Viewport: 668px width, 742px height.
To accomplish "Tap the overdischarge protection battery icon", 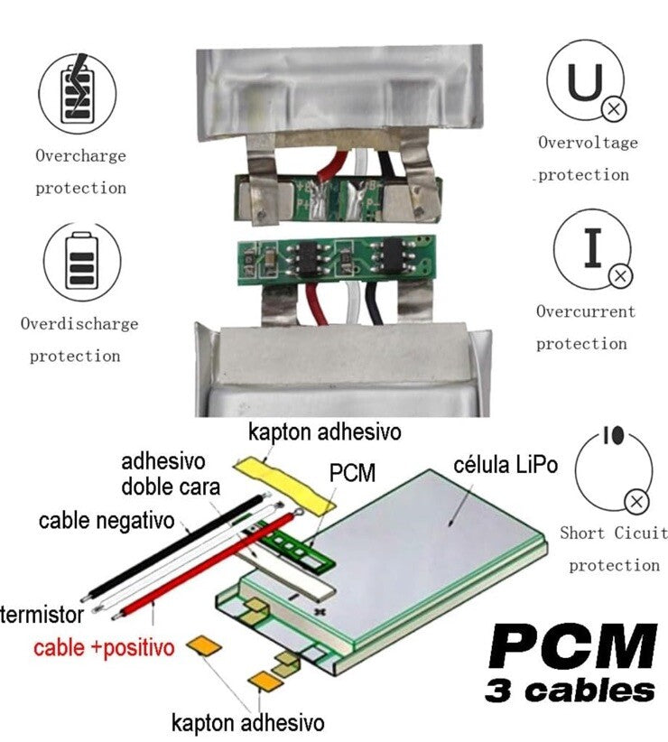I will pos(80,262).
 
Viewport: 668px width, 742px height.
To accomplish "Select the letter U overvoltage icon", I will pos(586,83).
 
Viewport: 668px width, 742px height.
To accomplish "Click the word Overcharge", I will pos(80,155).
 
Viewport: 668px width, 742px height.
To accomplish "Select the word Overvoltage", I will pos(588,143).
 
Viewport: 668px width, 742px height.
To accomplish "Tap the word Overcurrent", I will pos(586,311).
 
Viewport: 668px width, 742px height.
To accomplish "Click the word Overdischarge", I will pos(79,323).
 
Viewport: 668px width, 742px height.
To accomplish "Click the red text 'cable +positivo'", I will pos(103,647).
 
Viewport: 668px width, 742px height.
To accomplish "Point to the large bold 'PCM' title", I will pos(571,646).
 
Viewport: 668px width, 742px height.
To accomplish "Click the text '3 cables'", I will pos(571,691).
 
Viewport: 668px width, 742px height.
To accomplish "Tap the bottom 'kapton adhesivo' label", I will pos(247,722).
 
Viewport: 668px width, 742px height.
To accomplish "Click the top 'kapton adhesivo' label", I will pos(324,431).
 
